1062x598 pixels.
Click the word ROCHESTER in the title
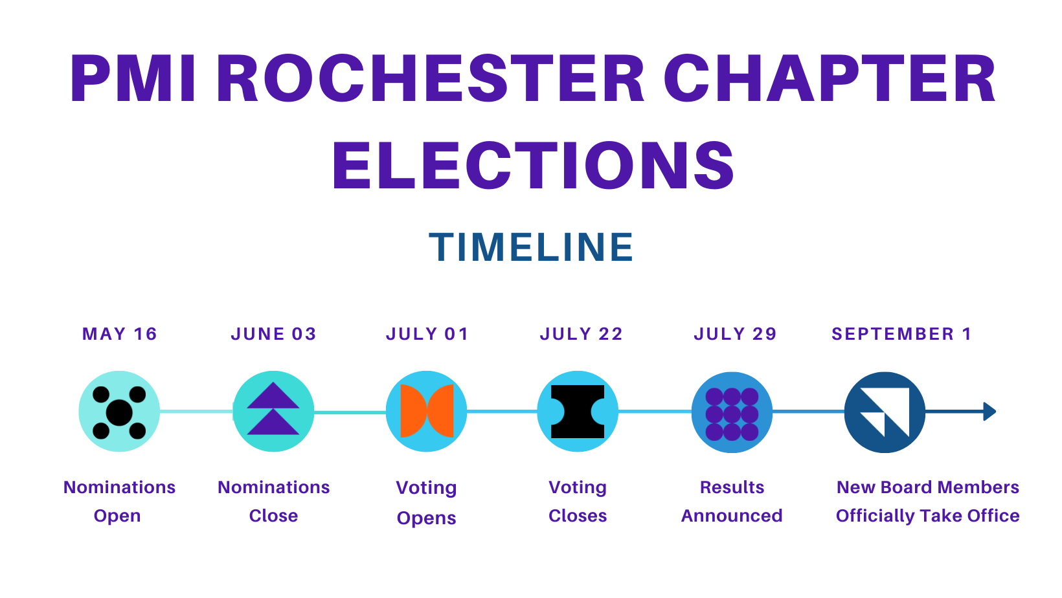(431, 78)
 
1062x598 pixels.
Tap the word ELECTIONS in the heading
(534, 166)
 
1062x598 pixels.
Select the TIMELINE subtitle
(531, 247)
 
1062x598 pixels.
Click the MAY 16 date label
(119, 334)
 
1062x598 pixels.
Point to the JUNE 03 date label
(273, 334)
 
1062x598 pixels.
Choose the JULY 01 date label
(427, 334)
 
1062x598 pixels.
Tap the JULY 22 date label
(582, 334)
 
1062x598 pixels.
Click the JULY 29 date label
(736, 334)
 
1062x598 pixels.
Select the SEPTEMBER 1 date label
(902, 334)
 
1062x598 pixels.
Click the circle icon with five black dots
(119, 412)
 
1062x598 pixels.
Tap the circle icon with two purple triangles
(273, 412)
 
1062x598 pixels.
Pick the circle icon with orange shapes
(427, 412)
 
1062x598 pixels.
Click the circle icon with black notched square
(578, 412)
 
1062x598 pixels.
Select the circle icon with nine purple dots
(732, 412)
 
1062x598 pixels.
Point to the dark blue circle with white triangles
(885, 412)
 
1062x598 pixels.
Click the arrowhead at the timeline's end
(989, 412)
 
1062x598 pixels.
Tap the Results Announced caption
(732, 502)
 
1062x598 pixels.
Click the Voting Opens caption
(426, 503)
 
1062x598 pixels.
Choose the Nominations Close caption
(273, 502)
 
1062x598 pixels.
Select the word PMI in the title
(133, 78)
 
